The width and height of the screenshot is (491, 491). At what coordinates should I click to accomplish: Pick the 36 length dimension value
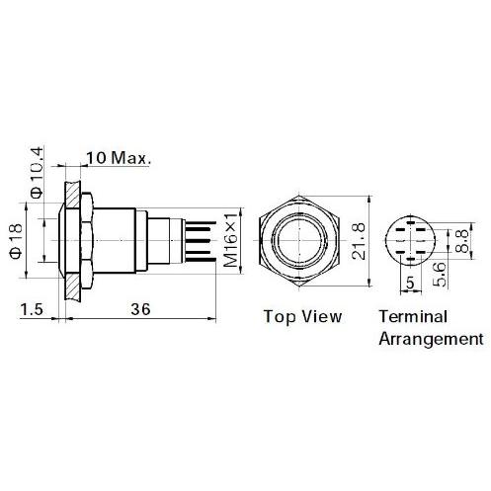141,309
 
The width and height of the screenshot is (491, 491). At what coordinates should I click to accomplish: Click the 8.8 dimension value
461,239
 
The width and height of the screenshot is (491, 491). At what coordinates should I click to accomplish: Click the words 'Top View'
302,317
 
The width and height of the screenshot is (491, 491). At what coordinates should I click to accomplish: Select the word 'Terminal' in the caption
414,317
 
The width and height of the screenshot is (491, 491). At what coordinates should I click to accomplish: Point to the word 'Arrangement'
431,339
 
